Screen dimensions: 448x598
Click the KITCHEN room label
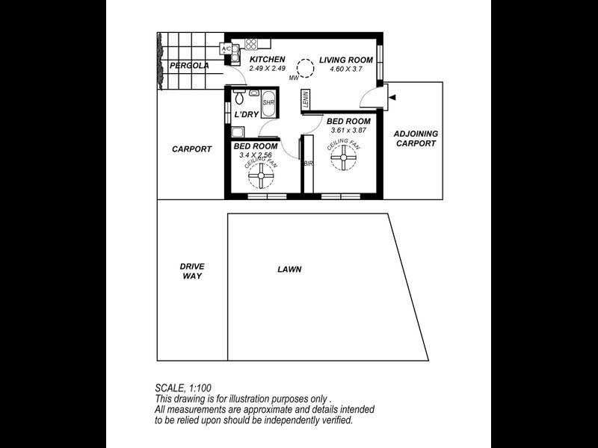(267, 60)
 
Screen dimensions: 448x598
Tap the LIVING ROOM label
(346, 60)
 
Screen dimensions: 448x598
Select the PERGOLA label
(188, 66)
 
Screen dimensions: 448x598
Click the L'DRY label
(246, 115)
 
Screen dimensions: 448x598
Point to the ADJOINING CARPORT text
(416, 139)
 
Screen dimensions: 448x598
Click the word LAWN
(289, 270)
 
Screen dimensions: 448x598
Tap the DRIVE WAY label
(192, 271)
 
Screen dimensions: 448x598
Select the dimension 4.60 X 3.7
(346, 69)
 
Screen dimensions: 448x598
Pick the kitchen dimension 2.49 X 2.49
(268, 69)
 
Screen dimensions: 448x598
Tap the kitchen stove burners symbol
(251, 44)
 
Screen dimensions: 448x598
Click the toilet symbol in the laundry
(240, 97)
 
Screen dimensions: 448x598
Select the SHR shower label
(268, 102)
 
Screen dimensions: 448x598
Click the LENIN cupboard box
(306, 100)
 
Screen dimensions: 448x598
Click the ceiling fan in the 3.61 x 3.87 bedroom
(344, 158)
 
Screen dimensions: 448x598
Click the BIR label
(307, 163)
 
